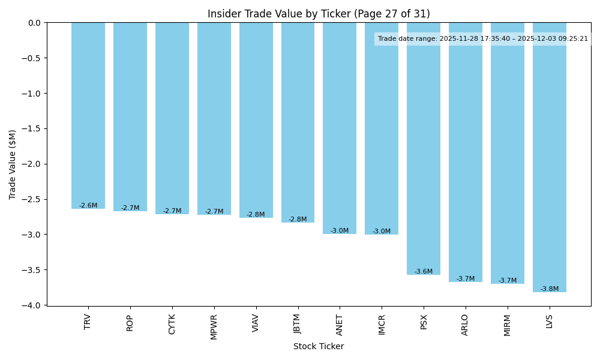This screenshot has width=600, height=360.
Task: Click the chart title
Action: click(x=319, y=14)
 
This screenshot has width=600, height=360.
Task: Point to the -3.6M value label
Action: click(x=424, y=272)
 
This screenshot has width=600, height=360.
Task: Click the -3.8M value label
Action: click(x=550, y=289)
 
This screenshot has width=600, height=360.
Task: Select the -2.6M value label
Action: click(x=88, y=206)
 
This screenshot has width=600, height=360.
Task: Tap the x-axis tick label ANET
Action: click(x=340, y=325)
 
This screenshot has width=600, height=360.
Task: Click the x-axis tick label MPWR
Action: click(x=214, y=326)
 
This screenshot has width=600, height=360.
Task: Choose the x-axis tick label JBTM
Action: click(x=298, y=324)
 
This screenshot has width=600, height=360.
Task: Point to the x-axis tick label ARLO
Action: click(x=466, y=325)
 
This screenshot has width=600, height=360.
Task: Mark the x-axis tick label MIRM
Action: click(x=508, y=325)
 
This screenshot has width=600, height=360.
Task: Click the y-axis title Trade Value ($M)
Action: click(x=13, y=164)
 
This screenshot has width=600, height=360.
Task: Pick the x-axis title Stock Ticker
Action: click(x=319, y=346)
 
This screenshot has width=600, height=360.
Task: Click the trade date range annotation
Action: click(x=483, y=39)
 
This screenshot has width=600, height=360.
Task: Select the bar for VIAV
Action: click(x=256, y=120)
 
